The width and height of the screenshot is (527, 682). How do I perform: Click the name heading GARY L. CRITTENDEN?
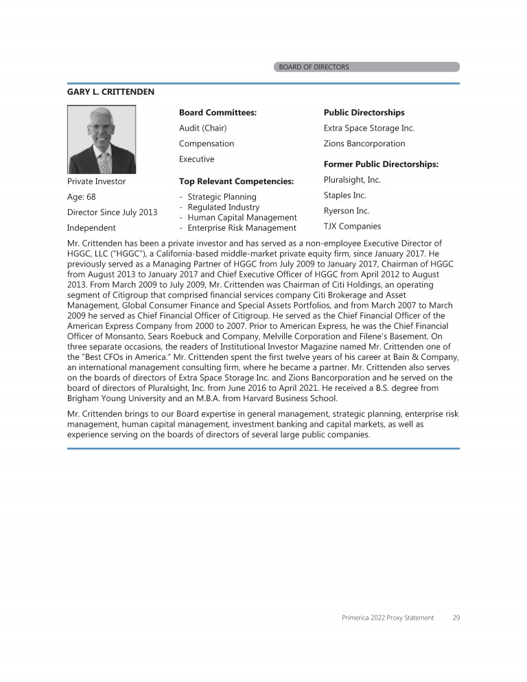pyautogui.click(x=110, y=91)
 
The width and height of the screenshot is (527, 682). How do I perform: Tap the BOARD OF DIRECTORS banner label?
pyautogui.click(x=314, y=67)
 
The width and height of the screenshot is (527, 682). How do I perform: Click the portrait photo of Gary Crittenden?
pyautogui.click(x=102, y=139)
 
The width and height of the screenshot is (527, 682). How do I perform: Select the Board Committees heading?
pyautogui.click(x=218, y=113)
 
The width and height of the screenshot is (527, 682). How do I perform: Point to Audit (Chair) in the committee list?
pyautogui.click(x=202, y=128)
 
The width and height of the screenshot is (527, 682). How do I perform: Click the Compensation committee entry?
pyautogui.click(x=207, y=144)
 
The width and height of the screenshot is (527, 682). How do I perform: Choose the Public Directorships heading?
pyautogui.click(x=364, y=113)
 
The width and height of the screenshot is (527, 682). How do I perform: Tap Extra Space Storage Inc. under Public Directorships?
pyautogui.click(x=368, y=128)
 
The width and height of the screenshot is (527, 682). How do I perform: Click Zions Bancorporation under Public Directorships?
pyautogui.click(x=364, y=144)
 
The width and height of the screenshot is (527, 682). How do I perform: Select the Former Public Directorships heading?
pyautogui.click(x=381, y=164)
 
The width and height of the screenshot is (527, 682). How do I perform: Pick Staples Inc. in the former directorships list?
pyautogui.click(x=345, y=196)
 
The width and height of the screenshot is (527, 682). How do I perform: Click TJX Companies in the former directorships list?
pyautogui.click(x=352, y=227)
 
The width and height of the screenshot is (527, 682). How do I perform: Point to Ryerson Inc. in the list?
pyautogui.click(x=347, y=211)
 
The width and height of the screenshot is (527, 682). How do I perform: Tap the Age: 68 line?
pyautogui.click(x=81, y=197)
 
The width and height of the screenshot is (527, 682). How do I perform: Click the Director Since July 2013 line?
pyautogui.click(x=112, y=212)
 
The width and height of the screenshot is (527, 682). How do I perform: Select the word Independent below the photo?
pyautogui.click(x=91, y=227)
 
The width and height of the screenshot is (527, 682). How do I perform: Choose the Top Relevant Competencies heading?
pyautogui.click(x=236, y=182)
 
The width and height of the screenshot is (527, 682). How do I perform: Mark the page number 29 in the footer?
pyautogui.click(x=456, y=618)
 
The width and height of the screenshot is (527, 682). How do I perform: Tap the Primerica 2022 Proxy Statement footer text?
pyautogui.click(x=388, y=618)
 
